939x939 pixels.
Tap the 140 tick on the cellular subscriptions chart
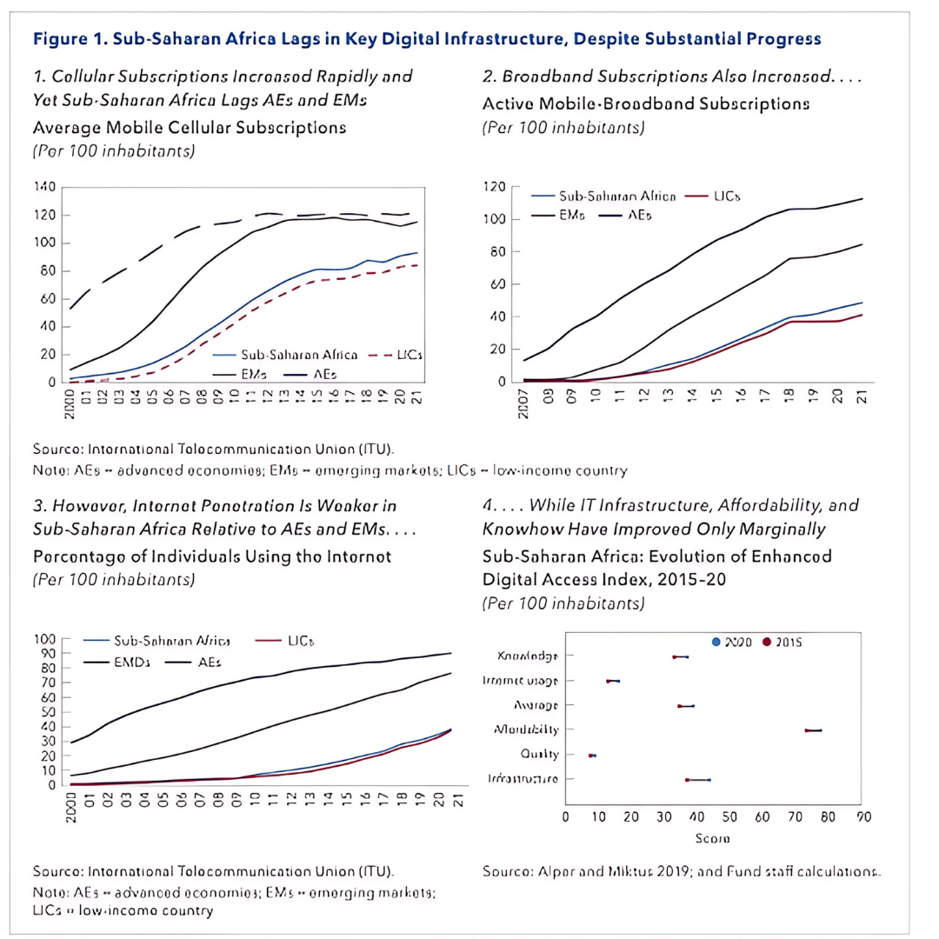44,187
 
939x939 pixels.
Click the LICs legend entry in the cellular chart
408,356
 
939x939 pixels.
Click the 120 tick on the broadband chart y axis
496,187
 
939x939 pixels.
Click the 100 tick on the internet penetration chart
44,640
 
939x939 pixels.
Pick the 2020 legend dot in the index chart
716,642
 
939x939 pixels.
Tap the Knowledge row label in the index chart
527,656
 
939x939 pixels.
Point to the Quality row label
539,754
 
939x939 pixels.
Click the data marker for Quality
592,756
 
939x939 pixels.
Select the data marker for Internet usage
613,681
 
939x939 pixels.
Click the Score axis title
712,838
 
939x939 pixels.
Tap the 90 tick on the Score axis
863,816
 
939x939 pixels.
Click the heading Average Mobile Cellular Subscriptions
190,128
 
